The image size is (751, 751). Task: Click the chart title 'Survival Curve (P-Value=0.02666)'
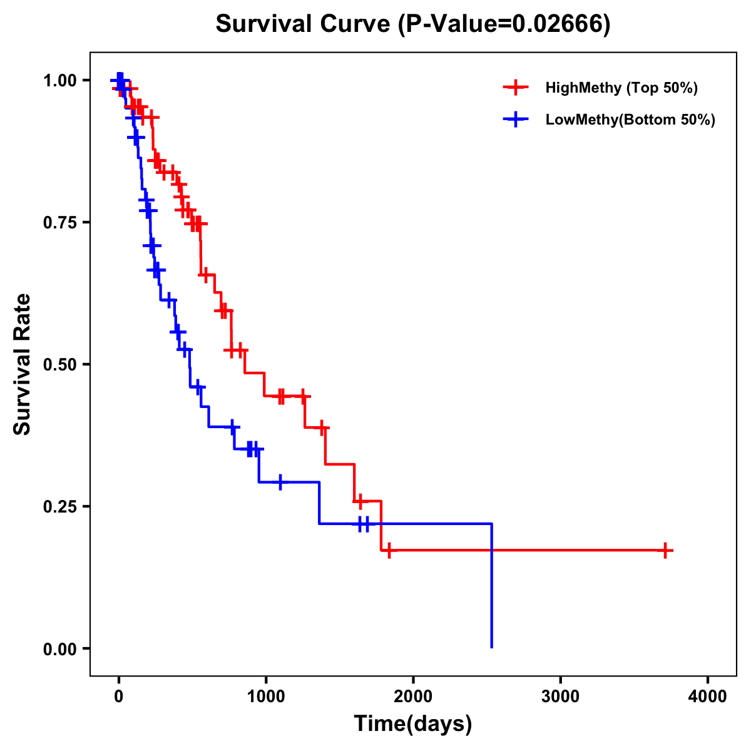click(x=413, y=24)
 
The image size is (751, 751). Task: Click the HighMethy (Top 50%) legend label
click(x=621, y=88)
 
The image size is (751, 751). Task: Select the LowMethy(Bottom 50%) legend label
click(x=630, y=120)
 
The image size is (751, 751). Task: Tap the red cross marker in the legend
click(x=515, y=88)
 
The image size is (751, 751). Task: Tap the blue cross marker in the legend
click(x=515, y=120)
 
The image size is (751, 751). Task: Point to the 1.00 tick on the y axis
click(x=60, y=81)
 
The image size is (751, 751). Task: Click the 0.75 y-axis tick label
click(x=60, y=223)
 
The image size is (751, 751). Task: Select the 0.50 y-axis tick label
click(x=60, y=365)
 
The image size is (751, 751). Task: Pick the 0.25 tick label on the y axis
click(x=60, y=507)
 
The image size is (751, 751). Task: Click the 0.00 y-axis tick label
click(x=60, y=649)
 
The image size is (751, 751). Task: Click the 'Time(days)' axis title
click(x=413, y=724)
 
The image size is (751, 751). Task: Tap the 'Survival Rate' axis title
click(x=23, y=364)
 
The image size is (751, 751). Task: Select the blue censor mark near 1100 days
click(x=280, y=482)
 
